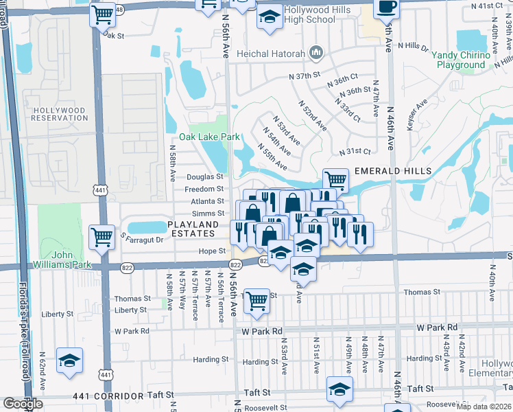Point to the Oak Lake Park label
(x=209, y=137)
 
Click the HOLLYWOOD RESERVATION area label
(x=60, y=114)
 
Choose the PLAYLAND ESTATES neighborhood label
(x=193, y=229)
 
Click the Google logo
(x=23, y=404)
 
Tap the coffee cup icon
(x=387, y=8)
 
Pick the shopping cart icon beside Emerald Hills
(x=335, y=181)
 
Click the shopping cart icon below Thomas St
(x=256, y=301)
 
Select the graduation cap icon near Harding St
(x=69, y=360)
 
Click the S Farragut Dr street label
(x=142, y=239)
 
